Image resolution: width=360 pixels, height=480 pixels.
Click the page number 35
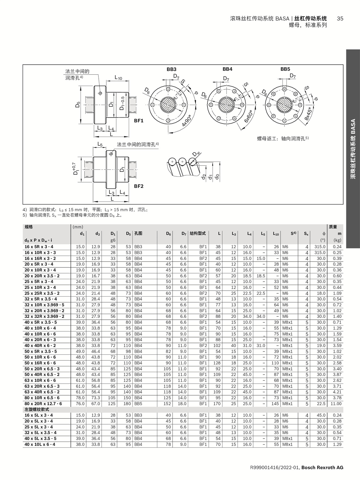[340, 19]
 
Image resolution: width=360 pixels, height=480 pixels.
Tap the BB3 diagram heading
[172, 69]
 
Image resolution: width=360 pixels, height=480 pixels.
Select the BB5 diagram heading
[285, 69]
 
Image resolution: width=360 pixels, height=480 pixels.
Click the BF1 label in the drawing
[139, 121]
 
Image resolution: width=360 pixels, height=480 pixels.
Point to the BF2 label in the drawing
[139, 186]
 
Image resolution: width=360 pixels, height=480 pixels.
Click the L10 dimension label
[118, 78]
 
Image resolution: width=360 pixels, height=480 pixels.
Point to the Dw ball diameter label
[196, 154]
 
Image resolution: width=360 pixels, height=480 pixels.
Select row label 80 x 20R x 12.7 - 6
[43, 404]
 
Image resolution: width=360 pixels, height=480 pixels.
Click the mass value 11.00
[336, 404]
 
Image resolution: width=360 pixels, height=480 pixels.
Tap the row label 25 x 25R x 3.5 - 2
[42, 293]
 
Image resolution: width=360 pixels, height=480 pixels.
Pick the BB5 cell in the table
[138, 404]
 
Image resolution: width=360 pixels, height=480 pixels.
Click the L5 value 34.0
[260, 316]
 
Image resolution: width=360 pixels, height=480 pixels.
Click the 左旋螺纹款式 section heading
[37, 409]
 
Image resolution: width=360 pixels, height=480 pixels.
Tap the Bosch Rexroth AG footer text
[322, 468]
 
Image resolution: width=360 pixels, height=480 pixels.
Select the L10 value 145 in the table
[275, 404]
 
